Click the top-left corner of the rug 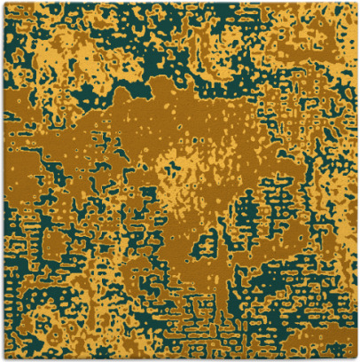[3, 3]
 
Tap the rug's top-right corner [357, 3]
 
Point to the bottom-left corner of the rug [3, 359]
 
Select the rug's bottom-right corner [357, 359]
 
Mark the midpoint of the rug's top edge [180, 3]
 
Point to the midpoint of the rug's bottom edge [180, 359]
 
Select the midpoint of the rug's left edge [3, 181]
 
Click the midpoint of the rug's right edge [357, 181]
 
